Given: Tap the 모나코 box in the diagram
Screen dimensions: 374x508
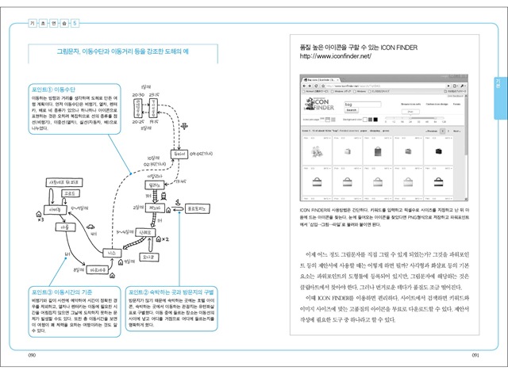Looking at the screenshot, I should click(147, 258).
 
